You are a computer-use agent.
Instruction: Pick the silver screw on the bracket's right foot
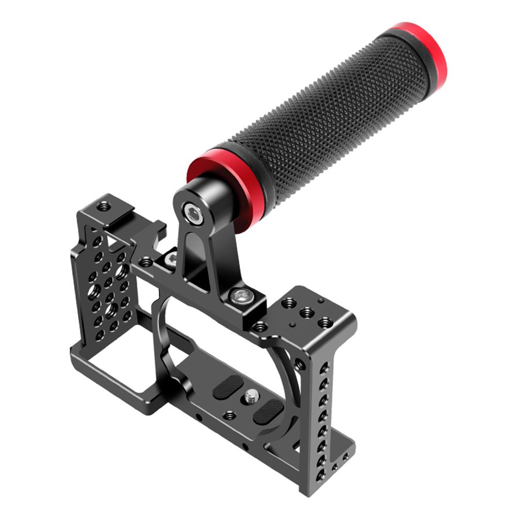(x=239, y=296)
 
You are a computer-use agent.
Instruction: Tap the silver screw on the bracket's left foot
(x=170, y=258)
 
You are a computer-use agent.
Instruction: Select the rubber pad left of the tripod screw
(x=227, y=387)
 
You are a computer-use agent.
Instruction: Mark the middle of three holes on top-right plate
(x=307, y=312)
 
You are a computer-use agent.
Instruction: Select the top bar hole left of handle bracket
(x=146, y=263)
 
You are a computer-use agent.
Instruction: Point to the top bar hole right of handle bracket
(x=260, y=327)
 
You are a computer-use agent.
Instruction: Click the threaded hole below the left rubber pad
(x=229, y=415)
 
